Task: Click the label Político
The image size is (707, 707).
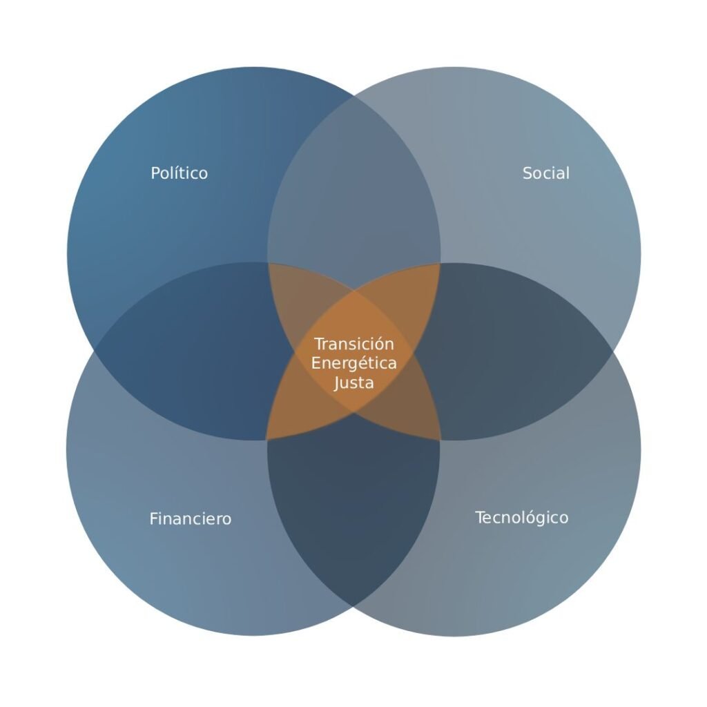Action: (179, 173)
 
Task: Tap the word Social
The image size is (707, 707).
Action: (545, 173)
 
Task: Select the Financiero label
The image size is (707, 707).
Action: (191, 519)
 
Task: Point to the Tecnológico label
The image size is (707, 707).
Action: (522, 518)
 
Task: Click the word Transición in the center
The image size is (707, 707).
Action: (354, 344)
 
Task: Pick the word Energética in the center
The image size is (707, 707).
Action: (354, 363)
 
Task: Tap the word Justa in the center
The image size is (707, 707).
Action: (354, 382)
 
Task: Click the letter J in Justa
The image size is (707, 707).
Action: (337, 383)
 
